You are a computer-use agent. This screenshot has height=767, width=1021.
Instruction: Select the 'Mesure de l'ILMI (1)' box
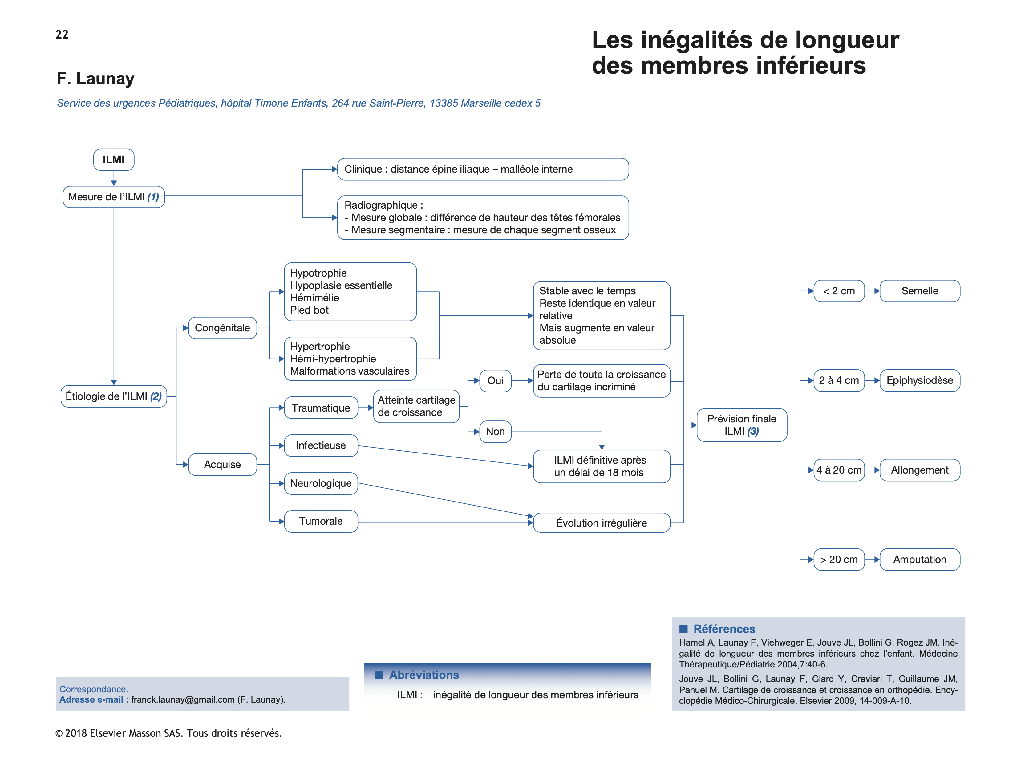[x=114, y=197]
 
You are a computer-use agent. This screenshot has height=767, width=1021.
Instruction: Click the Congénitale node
[x=222, y=328]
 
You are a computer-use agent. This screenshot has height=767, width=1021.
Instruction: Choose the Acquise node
[x=222, y=464]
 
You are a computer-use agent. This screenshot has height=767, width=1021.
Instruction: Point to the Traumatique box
[x=321, y=408]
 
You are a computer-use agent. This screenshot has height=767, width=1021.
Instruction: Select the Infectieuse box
[x=321, y=445]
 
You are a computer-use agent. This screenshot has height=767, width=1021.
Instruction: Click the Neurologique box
[x=321, y=483]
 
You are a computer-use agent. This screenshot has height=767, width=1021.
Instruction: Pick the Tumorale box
[x=321, y=521]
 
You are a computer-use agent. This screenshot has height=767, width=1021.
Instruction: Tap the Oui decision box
[x=495, y=380]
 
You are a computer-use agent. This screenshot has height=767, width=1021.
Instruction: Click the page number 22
[x=62, y=35]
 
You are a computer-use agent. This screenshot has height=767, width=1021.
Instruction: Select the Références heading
[x=724, y=629]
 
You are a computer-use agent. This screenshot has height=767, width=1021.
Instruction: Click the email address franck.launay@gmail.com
[x=183, y=699]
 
